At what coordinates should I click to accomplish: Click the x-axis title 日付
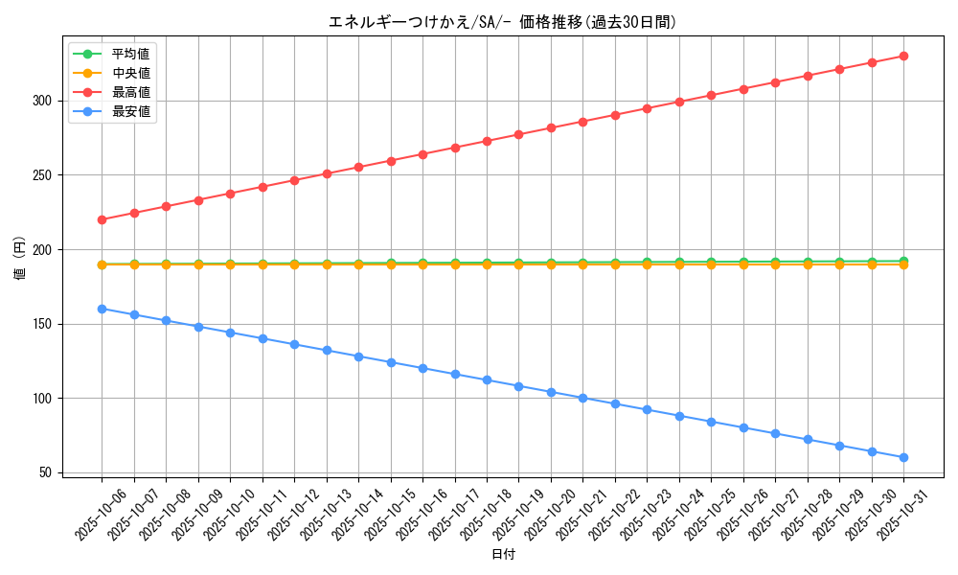(502, 555)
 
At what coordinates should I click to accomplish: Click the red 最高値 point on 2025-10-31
(903, 56)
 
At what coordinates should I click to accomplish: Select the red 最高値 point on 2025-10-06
(102, 219)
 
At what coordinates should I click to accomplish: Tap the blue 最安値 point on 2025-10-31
(903, 457)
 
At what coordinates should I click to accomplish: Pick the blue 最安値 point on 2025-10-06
(102, 309)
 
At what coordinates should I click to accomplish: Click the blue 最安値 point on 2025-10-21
(582, 398)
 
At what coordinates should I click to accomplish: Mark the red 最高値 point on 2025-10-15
(391, 161)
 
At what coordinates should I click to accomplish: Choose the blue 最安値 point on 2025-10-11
(262, 338)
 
